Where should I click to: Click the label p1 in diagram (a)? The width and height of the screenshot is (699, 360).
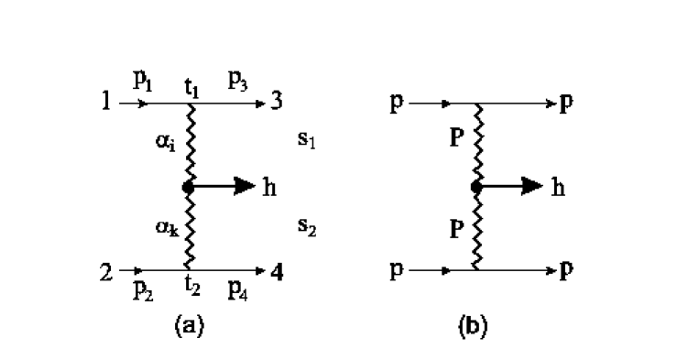click(143, 80)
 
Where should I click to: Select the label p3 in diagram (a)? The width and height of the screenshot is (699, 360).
click(238, 81)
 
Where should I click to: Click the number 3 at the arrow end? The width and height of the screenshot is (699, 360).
click(275, 102)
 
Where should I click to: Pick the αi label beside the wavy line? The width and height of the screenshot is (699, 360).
click(166, 142)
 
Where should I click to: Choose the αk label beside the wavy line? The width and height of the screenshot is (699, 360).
click(166, 227)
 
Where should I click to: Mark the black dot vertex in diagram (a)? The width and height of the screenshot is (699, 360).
click(188, 187)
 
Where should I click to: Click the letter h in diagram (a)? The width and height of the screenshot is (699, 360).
click(269, 187)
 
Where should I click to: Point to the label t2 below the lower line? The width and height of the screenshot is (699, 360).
click(191, 285)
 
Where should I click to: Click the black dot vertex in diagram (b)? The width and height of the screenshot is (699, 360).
click(476, 187)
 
